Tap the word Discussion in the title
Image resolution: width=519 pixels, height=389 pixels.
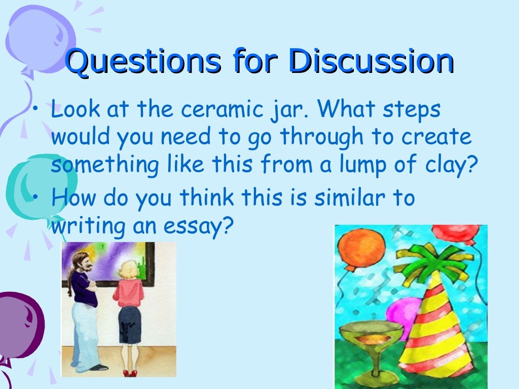371,62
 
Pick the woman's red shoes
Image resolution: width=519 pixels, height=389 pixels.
130,373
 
